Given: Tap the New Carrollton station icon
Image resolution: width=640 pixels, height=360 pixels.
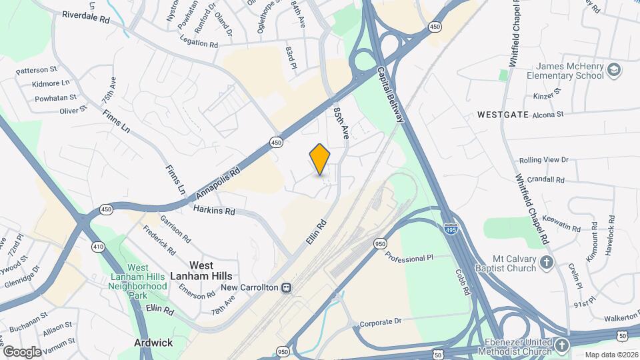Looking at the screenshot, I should [286, 288].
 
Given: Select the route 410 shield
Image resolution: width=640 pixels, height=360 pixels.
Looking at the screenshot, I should [99, 247].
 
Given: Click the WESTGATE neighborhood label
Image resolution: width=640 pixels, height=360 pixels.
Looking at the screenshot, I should [503, 115].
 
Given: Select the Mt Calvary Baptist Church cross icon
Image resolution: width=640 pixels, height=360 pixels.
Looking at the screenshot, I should [547, 261].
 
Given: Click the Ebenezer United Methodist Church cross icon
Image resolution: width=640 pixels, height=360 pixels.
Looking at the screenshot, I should [562, 345].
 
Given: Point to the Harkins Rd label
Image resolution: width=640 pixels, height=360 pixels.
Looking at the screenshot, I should [215, 210].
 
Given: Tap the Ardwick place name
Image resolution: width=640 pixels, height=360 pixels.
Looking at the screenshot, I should [153, 343].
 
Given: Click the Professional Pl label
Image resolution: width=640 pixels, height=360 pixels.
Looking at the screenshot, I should [409, 258].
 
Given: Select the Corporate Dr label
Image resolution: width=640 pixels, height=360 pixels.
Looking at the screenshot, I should [381, 321].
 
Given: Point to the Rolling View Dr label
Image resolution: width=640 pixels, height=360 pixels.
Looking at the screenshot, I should [543, 160].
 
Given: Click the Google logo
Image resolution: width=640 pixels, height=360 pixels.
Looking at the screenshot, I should [22, 351].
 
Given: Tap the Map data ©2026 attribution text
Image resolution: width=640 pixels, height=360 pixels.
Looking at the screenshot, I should [611, 355].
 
